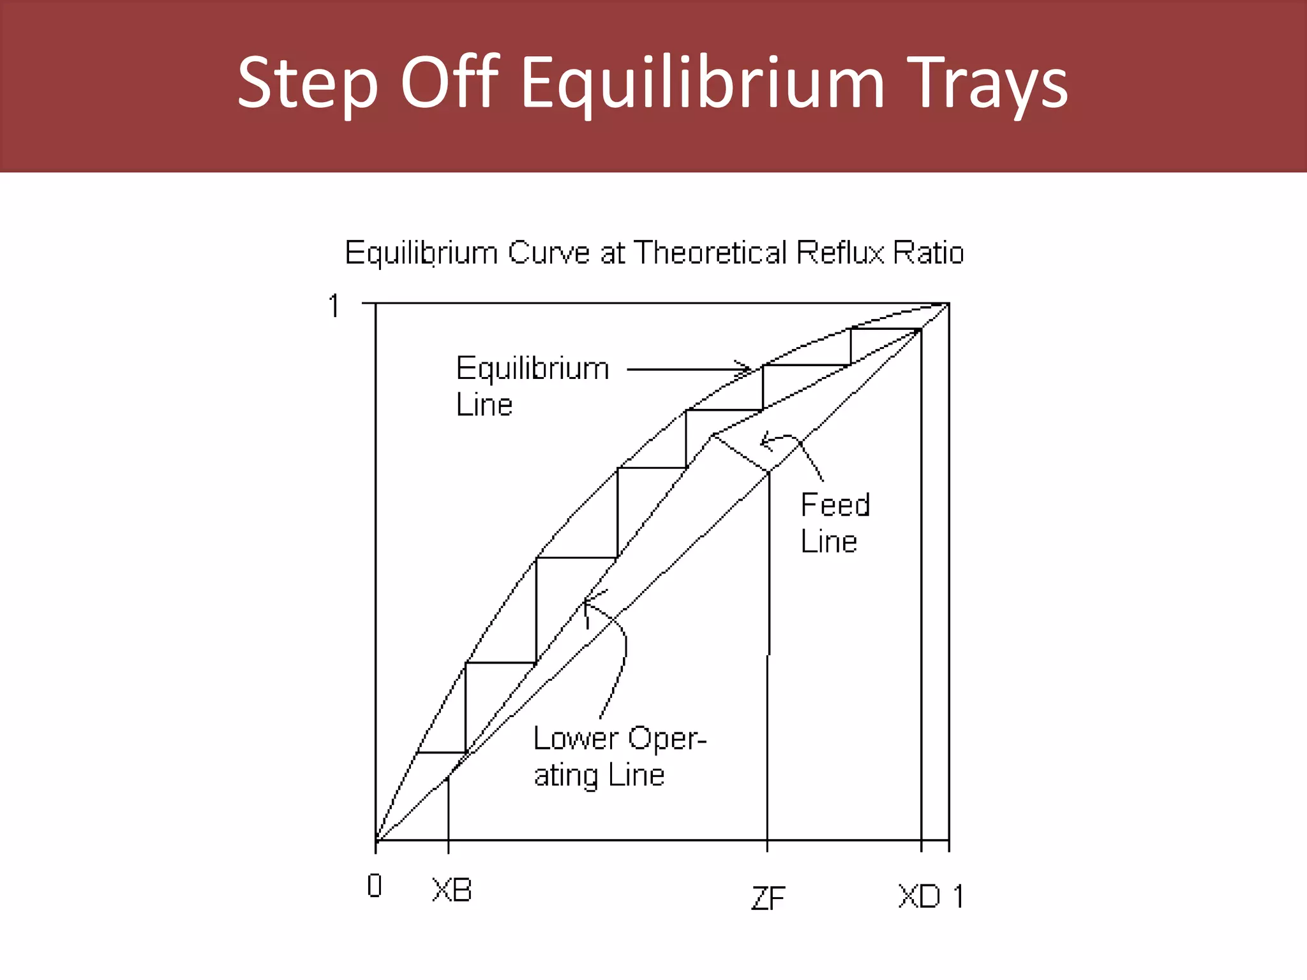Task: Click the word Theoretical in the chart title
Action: click(x=710, y=253)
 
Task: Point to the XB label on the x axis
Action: click(x=452, y=890)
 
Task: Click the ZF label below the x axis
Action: click(x=768, y=899)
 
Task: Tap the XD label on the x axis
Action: click(x=919, y=896)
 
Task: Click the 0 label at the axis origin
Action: click(x=375, y=886)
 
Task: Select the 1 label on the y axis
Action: click(x=334, y=306)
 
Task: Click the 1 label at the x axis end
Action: click(x=958, y=896)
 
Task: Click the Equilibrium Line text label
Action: click(x=532, y=386)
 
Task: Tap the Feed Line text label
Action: click(x=835, y=523)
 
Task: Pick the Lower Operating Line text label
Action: click(x=619, y=757)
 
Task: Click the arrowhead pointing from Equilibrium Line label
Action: click(x=745, y=368)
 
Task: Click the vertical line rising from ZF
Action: click(x=768, y=702)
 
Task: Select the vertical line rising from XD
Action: click(x=921, y=606)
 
